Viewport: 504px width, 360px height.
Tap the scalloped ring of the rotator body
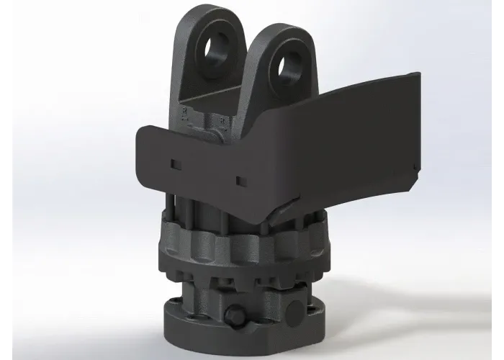(x=216, y=248)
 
